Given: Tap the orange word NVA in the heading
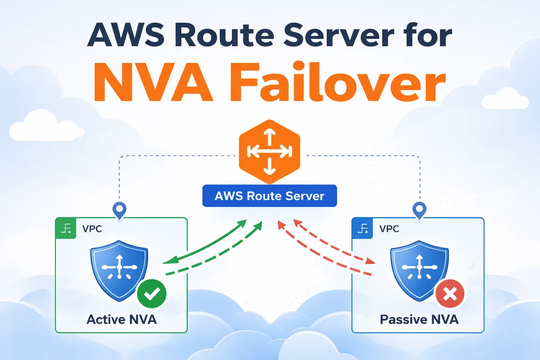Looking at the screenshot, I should coord(152,85).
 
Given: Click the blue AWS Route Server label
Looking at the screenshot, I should coord(270,196).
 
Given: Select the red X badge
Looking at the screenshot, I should coord(448,295).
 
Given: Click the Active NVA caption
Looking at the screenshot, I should coord(121,320).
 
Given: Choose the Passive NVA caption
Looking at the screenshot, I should coord(419,320).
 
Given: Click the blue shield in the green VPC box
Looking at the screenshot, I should coord(119,272).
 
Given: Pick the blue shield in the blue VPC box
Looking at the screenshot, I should coord(419,272).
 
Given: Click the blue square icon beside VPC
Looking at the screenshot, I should coord(362,228).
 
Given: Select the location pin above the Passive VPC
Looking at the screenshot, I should coord(419,210).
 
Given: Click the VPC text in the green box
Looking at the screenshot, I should coord(92,228).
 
